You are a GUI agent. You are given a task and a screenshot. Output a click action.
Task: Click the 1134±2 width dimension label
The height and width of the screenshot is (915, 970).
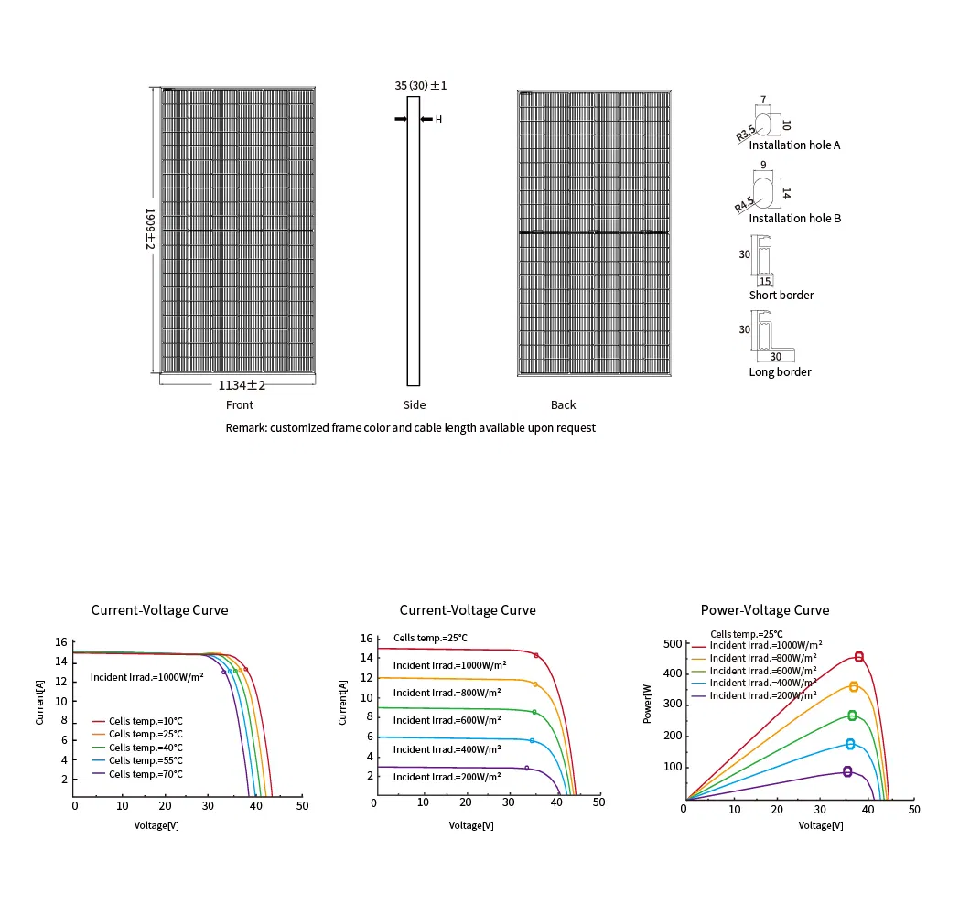click(x=242, y=385)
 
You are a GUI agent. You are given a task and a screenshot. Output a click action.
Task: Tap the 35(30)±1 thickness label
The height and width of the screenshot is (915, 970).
click(x=421, y=85)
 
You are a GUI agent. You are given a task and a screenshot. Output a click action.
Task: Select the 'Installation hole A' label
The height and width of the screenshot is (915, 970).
click(x=794, y=145)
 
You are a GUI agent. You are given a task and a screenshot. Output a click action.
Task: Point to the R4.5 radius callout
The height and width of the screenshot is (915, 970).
click(x=745, y=205)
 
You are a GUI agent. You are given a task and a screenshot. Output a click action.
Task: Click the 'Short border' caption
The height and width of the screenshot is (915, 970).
click(x=781, y=295)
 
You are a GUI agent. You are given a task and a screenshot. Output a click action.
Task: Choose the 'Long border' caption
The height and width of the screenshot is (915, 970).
click(x=780, y=371)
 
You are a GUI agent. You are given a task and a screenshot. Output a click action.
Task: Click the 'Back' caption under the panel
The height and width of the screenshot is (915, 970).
click(x=563, y=404)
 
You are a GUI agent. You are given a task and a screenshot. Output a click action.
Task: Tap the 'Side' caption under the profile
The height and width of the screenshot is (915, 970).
click(x=415, y=404)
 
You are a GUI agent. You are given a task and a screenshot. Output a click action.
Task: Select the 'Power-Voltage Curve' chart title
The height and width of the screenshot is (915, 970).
click(x=765, y=610)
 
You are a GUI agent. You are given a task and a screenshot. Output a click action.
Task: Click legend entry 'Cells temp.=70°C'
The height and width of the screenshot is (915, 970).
click(x=145, y=774)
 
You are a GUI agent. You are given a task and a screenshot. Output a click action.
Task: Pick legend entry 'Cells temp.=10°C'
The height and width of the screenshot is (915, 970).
click(x=145, y=721)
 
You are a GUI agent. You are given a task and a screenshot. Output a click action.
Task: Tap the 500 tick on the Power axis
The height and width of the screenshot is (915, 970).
click(x=673, y=643)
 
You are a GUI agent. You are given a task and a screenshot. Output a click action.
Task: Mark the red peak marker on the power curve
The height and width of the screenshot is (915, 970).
click(x=858, y=657)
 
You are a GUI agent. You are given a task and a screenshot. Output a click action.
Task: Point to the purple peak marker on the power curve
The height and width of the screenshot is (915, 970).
click(x=847, y=772)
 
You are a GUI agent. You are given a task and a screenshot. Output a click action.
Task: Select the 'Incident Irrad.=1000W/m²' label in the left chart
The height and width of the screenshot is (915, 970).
click(x=146, y=677)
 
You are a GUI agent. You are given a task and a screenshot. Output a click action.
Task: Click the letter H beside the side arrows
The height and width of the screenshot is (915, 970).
click(x=438, y=119)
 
